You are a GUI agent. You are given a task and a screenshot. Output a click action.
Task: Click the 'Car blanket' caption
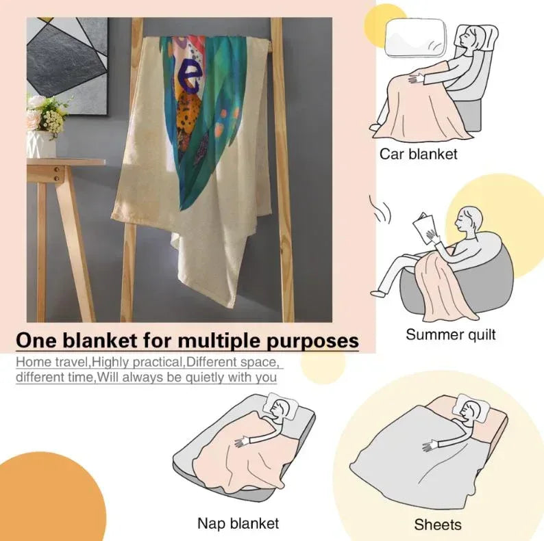[418, 154]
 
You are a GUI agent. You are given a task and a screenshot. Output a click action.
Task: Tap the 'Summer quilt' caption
[450, 334]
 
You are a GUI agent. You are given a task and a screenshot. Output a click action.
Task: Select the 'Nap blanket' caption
[238, 523]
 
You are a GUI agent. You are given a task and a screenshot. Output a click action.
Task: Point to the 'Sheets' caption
[438, 525]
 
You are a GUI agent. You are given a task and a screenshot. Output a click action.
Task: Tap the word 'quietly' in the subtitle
[205, 378]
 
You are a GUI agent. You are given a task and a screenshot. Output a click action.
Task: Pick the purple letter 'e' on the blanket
[189, 77]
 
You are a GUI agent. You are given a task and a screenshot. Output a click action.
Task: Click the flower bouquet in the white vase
[47, 114]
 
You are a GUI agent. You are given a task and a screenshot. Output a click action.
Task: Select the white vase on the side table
[41, 144]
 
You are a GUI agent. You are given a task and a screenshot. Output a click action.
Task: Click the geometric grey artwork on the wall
[67, 65]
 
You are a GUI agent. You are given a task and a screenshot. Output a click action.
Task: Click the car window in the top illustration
[415, 38]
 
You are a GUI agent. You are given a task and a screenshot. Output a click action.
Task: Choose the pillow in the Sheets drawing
[471, 408]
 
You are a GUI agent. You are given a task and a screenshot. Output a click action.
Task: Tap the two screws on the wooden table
[57, 174]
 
